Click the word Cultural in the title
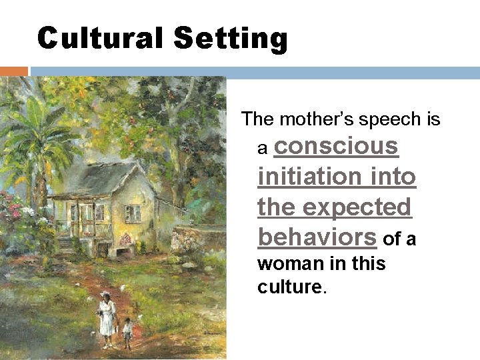tap(101, 38)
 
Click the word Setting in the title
tap(230, 39)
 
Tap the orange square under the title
tap(13, 71)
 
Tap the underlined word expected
tap(357, 207)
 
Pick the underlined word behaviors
tap(317, 237)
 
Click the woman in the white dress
tap(107, 318)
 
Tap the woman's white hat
tap(105, 295)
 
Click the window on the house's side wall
tap(133, 213)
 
